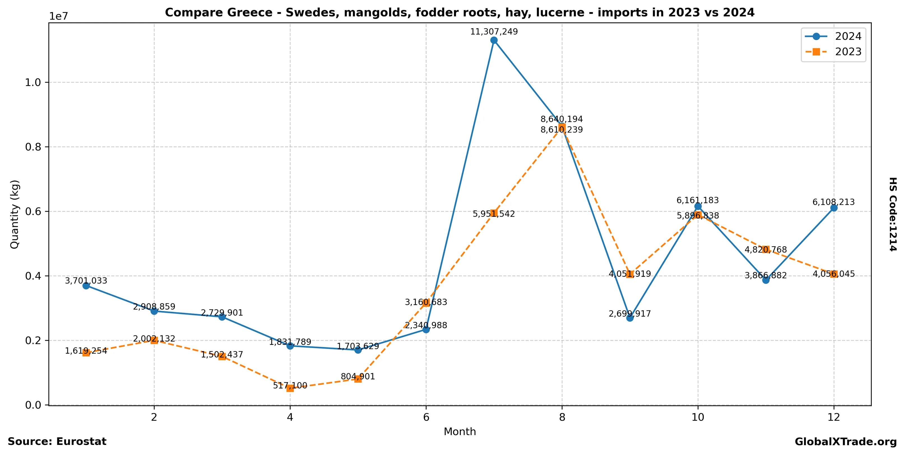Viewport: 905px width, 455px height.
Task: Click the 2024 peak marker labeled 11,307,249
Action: click(494, 40)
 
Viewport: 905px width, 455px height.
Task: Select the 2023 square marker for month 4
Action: click(290, 388)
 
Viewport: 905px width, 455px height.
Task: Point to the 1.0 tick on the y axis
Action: click(33, 82)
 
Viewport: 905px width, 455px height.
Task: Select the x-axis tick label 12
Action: click(834, 417)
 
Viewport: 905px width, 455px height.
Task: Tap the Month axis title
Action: click(460, 431)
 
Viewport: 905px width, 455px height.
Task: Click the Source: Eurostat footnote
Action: click(57, 442)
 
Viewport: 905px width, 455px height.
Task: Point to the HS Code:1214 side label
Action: click(893, 214)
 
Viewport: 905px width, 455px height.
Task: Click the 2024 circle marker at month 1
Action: click(86, 286)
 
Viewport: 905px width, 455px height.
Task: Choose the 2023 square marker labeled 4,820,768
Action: click(766, 249)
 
